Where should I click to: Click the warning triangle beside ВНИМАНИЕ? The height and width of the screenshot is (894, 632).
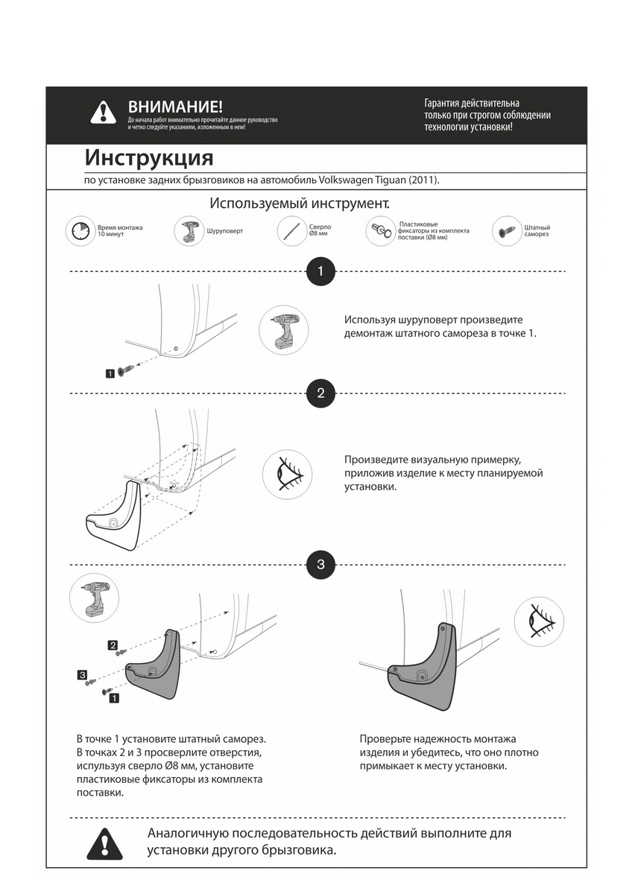click(x=103, y=112)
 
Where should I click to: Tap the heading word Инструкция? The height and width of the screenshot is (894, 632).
click(x=149, y=158)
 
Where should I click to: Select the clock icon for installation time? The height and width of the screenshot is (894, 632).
click(x=79, y=231)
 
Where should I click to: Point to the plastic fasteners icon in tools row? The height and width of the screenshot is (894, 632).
click(x=380, y=231)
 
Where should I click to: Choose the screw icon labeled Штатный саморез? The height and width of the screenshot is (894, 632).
click(x=507, y=231)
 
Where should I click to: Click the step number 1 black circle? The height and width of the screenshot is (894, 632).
click(x=320, y=271)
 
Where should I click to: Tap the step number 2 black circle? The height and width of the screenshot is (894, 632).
click(x=320, y=393)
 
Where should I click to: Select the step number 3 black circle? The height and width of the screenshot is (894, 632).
click(x=320, y=564)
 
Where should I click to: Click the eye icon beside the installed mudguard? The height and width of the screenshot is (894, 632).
click(x=539, y=620)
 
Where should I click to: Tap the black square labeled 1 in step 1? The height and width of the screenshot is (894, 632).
click(x=110, y=373)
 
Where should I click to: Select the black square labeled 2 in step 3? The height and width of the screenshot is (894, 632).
click(x=113, y=644)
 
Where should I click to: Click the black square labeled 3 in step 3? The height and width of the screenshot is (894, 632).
click(x=82, y=675)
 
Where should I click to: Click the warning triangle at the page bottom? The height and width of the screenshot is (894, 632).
click(x=104, y=843)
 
